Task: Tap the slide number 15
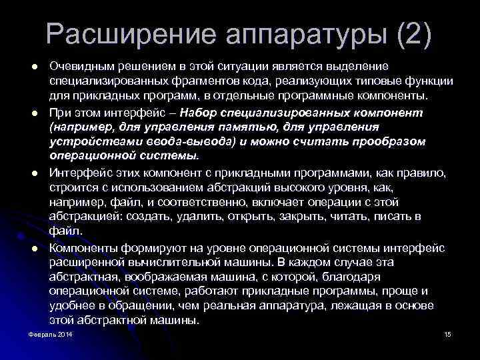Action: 447,333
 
